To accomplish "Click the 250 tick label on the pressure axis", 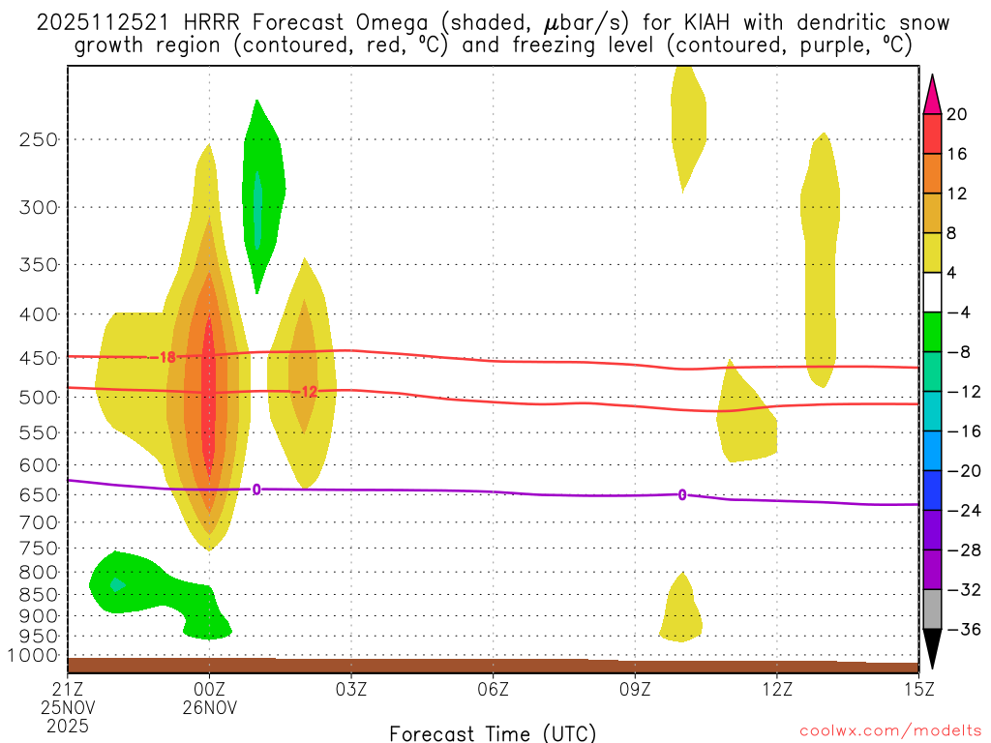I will (39, 139).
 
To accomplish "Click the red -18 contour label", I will (166, 357).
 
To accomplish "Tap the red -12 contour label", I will (307, 392).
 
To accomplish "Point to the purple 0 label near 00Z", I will (256, 490).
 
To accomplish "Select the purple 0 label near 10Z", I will (682, 495).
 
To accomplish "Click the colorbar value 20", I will (957, 114).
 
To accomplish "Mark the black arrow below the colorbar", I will (933, 651).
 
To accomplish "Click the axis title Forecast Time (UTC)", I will (493, 732).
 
